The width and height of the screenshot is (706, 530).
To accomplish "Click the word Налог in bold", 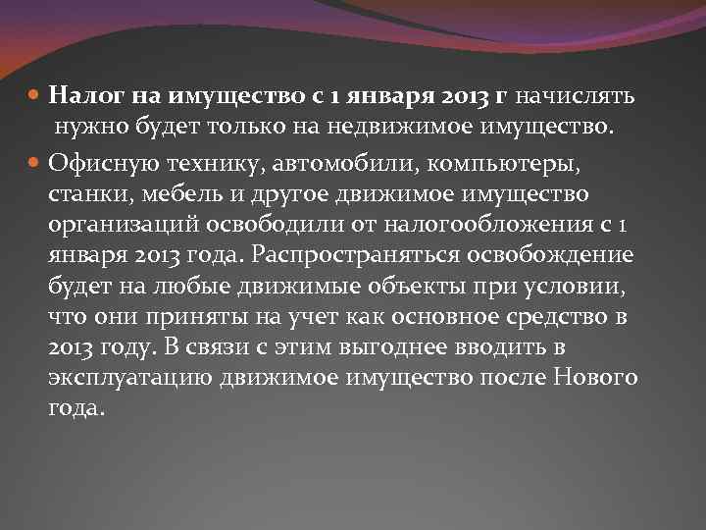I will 80,96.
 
